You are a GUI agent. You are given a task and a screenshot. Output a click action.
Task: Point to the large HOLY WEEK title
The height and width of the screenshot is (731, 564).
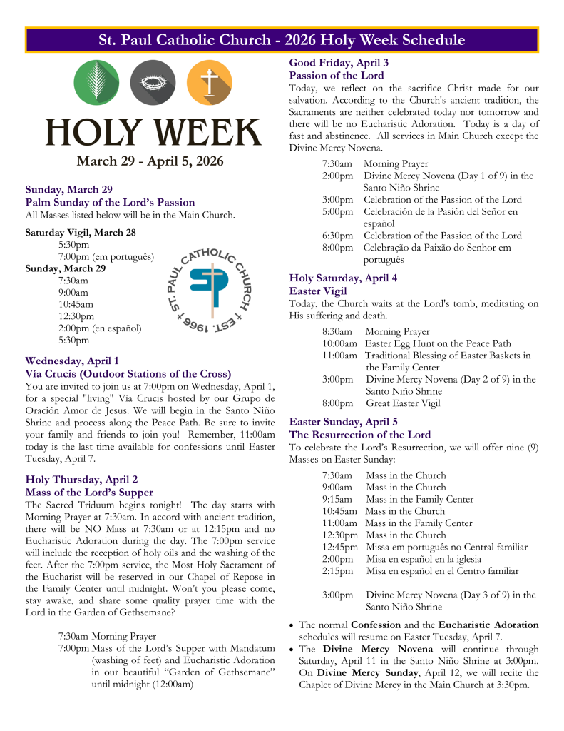point(154,132)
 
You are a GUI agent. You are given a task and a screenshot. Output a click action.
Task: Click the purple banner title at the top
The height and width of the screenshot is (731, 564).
point(282,40)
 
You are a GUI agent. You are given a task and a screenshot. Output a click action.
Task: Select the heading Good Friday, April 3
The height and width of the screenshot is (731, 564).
point(339,63)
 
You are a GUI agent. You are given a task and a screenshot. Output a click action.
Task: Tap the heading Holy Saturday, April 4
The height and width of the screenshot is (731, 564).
point(343,278)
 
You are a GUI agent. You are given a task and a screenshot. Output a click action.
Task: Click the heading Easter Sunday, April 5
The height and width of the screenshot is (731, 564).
point(343,422)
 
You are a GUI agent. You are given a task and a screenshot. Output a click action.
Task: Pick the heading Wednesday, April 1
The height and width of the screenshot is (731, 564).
point(72,361)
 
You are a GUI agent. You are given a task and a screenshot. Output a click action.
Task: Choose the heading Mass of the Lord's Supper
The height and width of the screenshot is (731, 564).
point(89,493)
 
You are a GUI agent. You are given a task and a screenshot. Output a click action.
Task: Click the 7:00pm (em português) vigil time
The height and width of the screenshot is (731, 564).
point(106,256)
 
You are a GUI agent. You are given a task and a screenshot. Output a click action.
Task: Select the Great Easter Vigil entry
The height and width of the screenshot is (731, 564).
point(403,403)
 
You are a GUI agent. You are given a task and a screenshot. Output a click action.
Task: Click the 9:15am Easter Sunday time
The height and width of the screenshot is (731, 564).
point(337,499)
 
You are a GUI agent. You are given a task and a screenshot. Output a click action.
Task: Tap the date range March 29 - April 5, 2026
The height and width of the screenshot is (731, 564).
point(150,161)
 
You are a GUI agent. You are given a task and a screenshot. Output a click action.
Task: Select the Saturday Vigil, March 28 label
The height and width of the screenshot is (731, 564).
point(80,233)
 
